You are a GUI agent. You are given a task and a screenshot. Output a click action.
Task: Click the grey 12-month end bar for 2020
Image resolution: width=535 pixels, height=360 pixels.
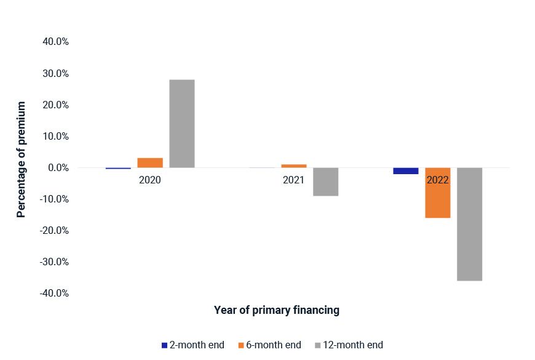point(182,124)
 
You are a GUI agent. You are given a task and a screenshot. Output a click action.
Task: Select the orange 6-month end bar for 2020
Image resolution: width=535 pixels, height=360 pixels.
point(150,163)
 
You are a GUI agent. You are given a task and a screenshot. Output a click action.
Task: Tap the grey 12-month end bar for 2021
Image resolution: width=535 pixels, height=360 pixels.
point(325,182)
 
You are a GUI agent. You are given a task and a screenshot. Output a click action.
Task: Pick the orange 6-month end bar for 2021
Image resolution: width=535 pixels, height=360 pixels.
point(294,166)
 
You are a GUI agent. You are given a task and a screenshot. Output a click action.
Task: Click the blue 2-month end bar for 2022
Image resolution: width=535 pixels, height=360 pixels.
point(406,171)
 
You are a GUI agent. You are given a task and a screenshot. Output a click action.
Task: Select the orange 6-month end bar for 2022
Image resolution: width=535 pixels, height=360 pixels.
point(438,193)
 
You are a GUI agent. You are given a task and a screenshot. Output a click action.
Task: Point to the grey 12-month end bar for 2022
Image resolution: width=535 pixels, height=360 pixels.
point(469,224)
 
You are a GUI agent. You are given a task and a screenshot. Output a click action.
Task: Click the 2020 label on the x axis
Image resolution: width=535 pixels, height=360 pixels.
point(150,181)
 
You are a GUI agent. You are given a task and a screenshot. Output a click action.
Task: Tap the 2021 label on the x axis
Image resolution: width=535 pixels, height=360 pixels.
point(293,181)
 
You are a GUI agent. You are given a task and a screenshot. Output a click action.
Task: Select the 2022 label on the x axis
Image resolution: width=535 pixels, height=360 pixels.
point(437,181)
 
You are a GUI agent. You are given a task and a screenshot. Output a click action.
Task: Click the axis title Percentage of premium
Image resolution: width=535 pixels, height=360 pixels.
point(22,159)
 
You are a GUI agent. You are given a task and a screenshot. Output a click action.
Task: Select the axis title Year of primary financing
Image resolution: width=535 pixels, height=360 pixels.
point(276,310)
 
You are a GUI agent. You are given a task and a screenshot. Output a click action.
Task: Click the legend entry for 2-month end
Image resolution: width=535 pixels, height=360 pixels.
point(193,345)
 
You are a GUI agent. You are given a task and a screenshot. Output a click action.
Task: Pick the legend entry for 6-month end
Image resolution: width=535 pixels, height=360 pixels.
point(269,345)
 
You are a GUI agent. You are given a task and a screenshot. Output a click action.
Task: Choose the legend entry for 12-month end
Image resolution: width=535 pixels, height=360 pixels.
point(349,345)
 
